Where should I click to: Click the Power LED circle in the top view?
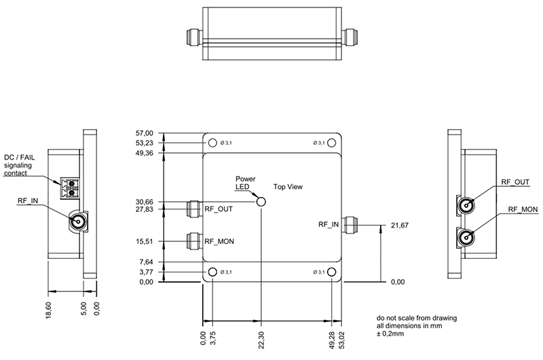[x=261, y=202]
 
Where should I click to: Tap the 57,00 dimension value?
[x=146, y=134]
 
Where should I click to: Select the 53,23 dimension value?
[x=146, y=143]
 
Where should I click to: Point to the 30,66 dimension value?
[x=146, y=202]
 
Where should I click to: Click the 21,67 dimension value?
[x=399, y=225]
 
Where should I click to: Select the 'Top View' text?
[x=287, y=186]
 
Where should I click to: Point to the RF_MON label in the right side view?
[x=523, y=209]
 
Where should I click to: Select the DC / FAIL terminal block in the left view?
[x=67, y=187]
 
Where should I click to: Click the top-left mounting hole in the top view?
[x=213, y=143]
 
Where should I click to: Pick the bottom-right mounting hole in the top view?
[x=331, y=272]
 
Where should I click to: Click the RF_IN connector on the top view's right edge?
[x=352, y=224]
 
